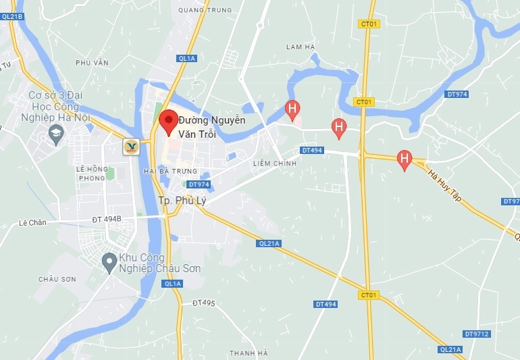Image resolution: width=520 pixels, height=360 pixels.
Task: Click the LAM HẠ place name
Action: pyautogui.click(x=301, y=47)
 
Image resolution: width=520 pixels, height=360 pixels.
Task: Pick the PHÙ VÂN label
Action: pyautogui.click(x=93, y=63)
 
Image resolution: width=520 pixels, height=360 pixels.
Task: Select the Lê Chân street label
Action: pyautogui.click(x=32, y=222)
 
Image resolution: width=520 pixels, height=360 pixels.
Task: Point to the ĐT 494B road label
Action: pyautogui.click(x=107, y=220)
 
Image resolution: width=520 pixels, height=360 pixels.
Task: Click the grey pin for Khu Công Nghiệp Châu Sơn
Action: pyautogui.click(x=108, y=261)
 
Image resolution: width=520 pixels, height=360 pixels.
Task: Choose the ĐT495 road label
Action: pyautogui.click(x=203, y=303)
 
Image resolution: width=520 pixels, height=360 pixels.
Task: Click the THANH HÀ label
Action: pyautogui.click(x=249, y=353)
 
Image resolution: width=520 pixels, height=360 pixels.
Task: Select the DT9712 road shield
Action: pyautogui.click(x=477, y=334)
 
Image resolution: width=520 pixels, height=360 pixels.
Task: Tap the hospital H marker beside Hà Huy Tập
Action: pyautogui.click(x=405, y=159)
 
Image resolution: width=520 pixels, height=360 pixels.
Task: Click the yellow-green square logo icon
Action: pyautogui.click(x=131, y=146)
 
